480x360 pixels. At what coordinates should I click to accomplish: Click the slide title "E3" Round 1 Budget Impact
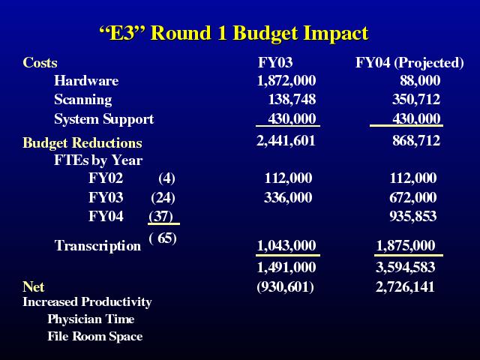234,33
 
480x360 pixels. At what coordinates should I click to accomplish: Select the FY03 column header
275,62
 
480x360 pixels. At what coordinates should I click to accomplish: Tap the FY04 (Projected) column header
409,63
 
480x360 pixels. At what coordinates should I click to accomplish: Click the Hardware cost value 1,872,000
286,81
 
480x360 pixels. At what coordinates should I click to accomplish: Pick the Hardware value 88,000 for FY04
420,81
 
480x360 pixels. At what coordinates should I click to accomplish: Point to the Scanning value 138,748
292,100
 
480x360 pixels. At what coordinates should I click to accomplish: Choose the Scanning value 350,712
416,100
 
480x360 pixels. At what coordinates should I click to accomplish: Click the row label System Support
103,119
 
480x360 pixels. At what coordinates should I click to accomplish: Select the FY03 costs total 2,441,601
286,141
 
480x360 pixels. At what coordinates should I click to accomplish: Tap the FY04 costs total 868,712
416,141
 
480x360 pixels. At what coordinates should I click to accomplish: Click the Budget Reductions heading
82,143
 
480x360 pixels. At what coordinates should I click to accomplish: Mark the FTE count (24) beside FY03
163,198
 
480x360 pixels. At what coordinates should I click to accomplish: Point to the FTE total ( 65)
163,238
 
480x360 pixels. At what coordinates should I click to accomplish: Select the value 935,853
413,217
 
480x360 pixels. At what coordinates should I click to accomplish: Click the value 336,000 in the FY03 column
288,197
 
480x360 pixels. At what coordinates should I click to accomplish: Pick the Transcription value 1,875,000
405,245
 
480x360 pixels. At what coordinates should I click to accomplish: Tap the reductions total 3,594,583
405,267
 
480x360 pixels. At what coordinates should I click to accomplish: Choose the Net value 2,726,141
405,286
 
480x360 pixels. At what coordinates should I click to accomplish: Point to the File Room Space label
95,337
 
